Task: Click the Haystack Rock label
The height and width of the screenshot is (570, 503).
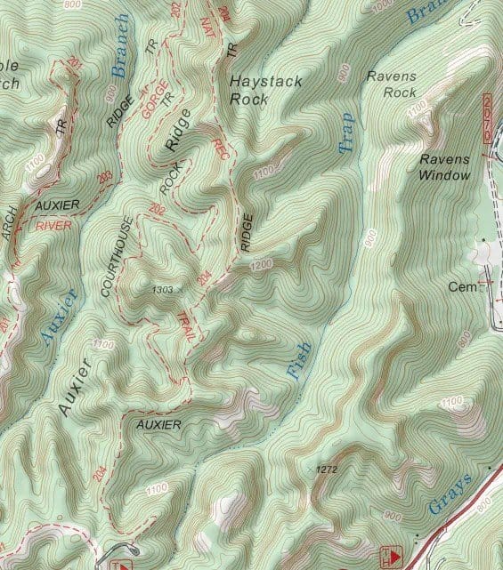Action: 266,90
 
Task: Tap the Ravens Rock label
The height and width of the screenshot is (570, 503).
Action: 392,84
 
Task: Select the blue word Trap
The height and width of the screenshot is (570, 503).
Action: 345,132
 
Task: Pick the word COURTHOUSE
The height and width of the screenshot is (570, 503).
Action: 118,256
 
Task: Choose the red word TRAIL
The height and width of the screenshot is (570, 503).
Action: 187,325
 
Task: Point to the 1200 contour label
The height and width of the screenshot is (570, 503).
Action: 259,264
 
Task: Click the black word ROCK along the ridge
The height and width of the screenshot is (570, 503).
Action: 169,179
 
